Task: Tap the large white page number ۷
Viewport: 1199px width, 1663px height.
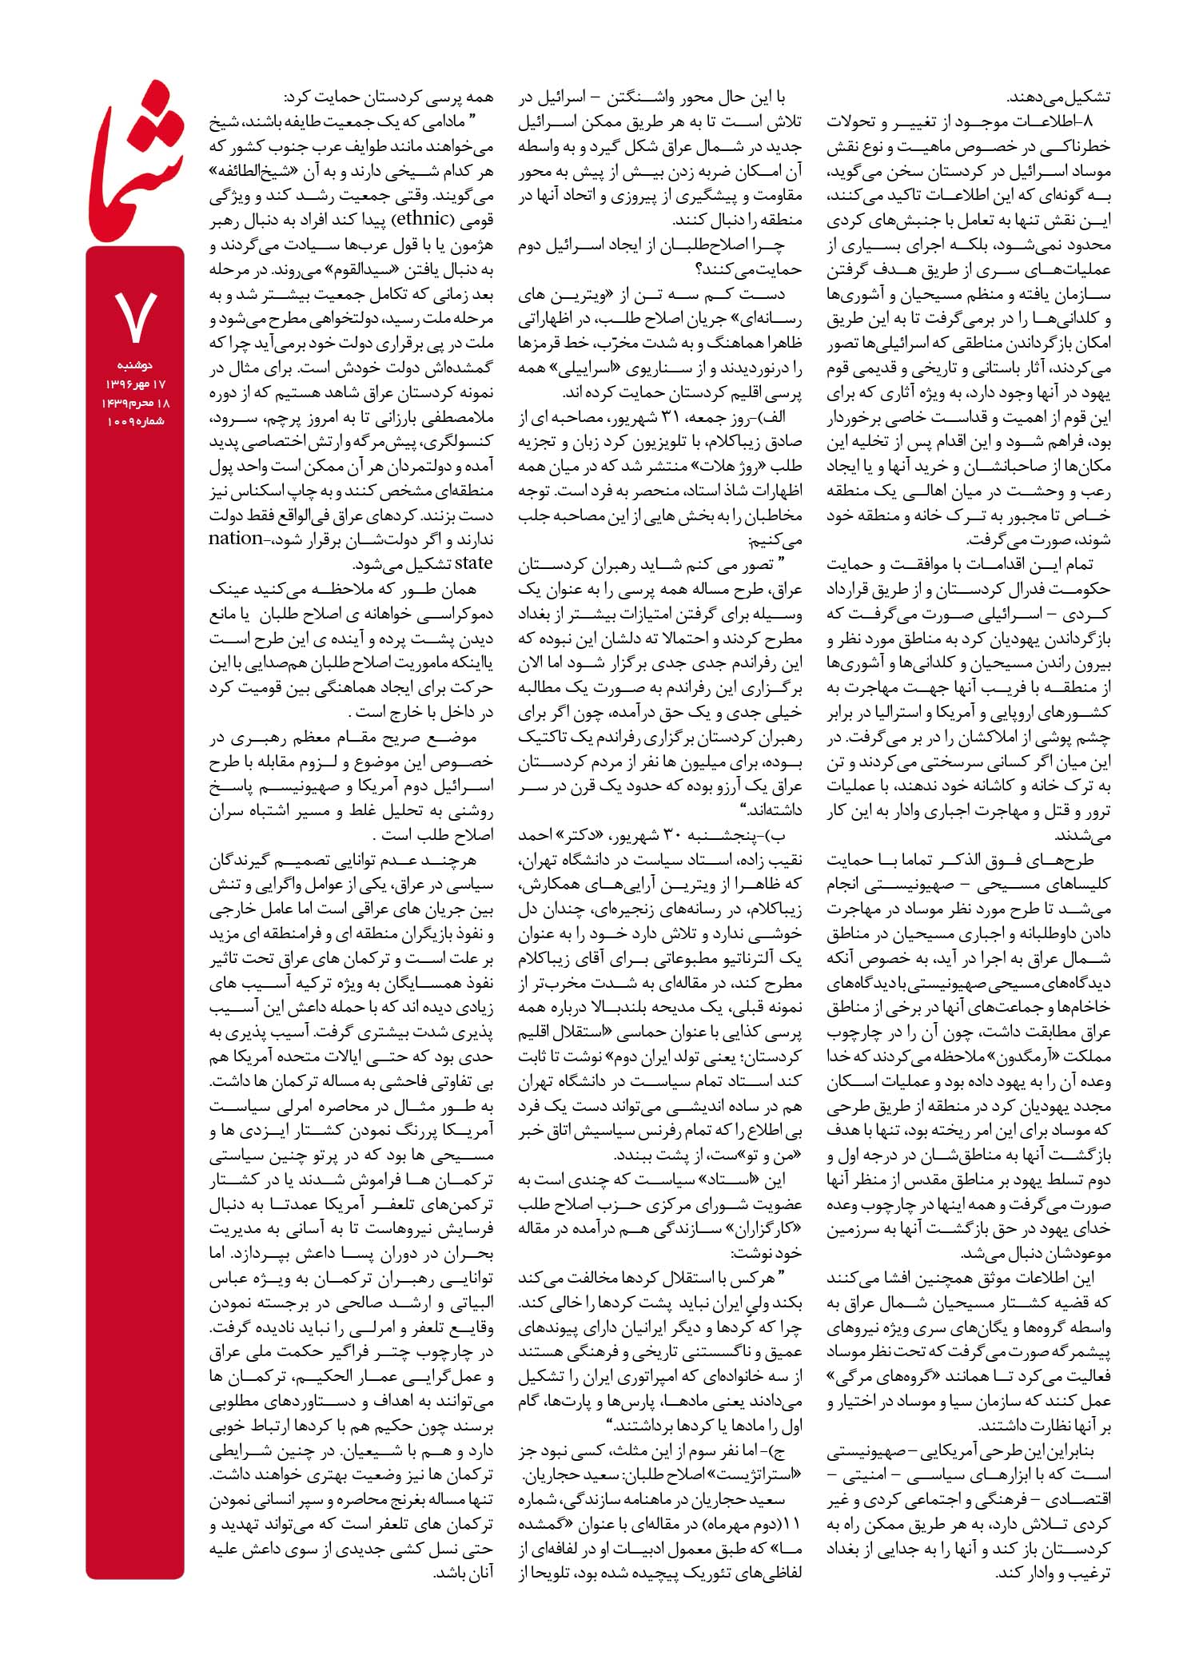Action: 135,316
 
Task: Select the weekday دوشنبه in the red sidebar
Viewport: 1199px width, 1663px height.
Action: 135,365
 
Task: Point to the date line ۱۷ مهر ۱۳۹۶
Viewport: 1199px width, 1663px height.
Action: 135,384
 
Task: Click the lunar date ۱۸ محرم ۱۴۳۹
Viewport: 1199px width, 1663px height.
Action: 135,403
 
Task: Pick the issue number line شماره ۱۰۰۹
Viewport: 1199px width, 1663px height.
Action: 135,420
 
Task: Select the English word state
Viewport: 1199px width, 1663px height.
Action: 473,563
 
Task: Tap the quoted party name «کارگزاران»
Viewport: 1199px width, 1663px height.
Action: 765,1228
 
